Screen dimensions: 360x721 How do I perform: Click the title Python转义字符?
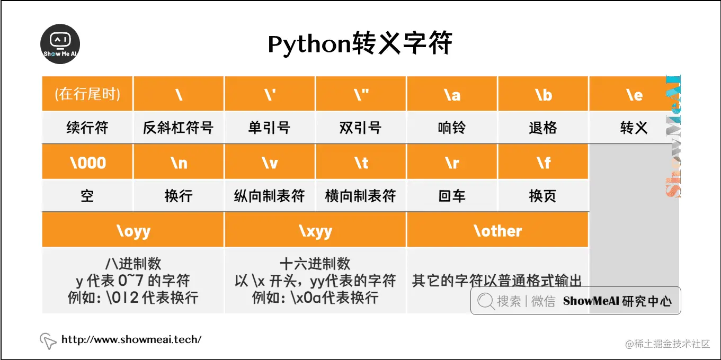360,44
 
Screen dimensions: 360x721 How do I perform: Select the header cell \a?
452,94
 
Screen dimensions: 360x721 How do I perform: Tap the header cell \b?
543,94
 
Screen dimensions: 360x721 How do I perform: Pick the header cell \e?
634,94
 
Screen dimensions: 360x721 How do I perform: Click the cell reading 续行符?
87,128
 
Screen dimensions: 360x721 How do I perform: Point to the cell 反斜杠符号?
179,128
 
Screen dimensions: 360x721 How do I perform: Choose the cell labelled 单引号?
270,128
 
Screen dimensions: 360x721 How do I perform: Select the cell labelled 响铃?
452,128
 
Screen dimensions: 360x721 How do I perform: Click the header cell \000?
87,163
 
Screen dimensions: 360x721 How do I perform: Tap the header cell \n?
179,163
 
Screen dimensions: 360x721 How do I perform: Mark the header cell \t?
361,163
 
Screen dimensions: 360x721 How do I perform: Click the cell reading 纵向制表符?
270,196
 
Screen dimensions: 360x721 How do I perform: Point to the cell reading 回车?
452,196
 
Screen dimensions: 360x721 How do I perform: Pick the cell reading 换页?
543,196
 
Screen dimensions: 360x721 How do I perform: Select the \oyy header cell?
133,231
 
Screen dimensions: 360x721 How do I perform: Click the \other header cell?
497,231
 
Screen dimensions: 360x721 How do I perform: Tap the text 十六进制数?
315,264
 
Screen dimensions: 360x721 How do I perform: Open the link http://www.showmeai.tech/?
131,339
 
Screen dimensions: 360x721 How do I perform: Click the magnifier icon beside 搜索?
485,301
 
